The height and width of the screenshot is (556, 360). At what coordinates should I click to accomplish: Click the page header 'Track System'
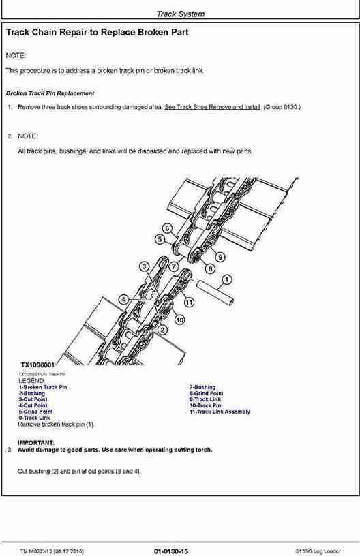[x=180, y=14]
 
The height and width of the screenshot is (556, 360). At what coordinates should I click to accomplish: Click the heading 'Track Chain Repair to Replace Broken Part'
[x=97, y=32]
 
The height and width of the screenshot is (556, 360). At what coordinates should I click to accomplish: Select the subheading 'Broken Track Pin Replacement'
[x=50, y=93]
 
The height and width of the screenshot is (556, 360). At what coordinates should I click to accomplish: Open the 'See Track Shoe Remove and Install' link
[x=212, y=107]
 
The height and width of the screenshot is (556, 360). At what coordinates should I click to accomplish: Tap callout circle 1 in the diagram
[x=226, y=279]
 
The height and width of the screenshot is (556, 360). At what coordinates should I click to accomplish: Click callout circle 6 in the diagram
[x=167, y=228]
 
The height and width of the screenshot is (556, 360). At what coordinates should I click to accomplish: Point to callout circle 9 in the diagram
[x=220, y=257]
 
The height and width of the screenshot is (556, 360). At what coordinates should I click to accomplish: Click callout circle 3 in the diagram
[x=144, y=266]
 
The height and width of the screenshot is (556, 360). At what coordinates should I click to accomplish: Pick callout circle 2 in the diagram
[x=162, y=330]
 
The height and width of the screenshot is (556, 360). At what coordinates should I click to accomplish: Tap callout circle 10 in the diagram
[x=179, y=319]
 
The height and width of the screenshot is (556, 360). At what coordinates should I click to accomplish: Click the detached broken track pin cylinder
[x=216, y=292]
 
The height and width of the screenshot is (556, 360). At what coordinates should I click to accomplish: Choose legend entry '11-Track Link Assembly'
[x=219, y=412]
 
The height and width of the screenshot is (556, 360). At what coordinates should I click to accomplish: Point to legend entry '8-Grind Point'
[x=206, y=393]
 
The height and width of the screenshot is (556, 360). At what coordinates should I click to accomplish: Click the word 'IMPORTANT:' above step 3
[x=36, y=442]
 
